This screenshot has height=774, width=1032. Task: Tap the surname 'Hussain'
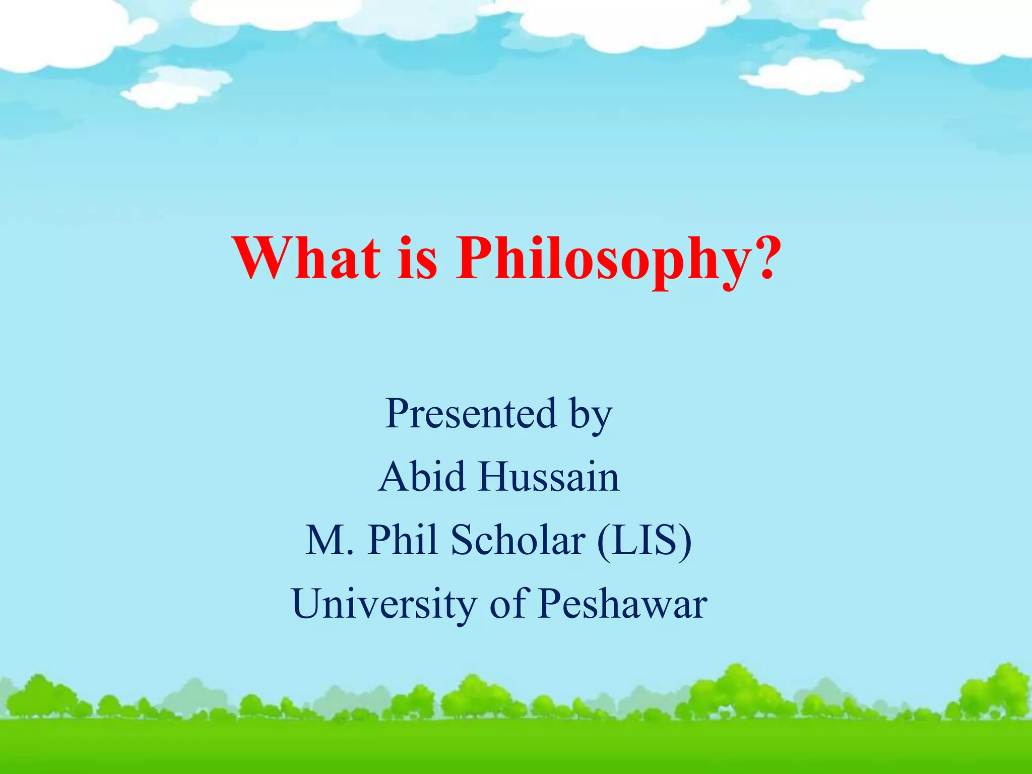[x=549, y=477]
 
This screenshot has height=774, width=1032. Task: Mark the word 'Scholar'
[x=518, y=540]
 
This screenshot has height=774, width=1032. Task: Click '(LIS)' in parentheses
[x=644, y=541]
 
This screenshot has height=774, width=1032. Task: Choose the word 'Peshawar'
[x=623, y=604]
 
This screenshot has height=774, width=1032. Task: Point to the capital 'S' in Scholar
[x=463, y=540]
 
